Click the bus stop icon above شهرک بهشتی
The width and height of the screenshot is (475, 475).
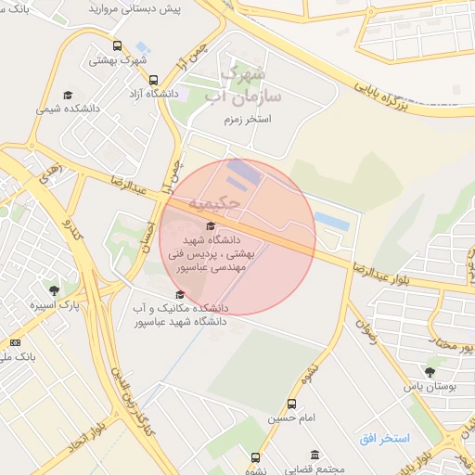pos(116,45)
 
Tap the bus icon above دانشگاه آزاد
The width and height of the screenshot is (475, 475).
pos(153,79)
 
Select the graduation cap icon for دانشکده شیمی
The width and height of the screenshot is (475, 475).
pos(68,95)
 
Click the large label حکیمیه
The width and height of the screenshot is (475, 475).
pos(214,202)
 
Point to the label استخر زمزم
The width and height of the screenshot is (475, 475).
pos(246,120)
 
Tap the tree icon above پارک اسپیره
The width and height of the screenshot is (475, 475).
pos(54,289)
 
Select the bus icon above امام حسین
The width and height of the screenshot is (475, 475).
pos(292,404)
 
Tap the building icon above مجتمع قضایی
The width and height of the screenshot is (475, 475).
pos(315,455)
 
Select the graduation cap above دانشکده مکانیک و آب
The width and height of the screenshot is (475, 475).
pos(179,295)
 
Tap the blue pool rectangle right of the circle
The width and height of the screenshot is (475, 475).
pos(331,221)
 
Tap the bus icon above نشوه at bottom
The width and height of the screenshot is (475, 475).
pos(255,457)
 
